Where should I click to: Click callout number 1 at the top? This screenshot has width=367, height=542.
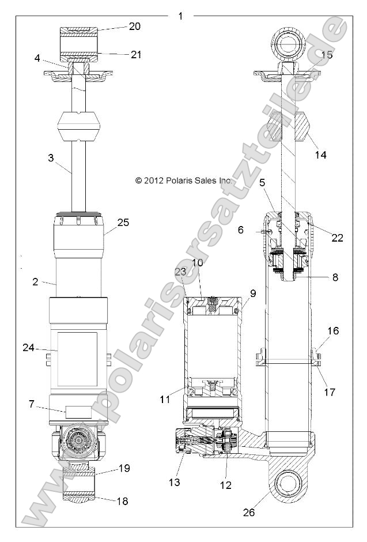(180, 16)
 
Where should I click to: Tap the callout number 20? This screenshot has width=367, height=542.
(134, 26)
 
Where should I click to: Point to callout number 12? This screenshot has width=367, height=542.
(226, 485)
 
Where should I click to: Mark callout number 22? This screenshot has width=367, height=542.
(338, 237)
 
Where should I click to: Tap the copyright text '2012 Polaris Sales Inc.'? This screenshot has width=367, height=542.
(184, 180)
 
